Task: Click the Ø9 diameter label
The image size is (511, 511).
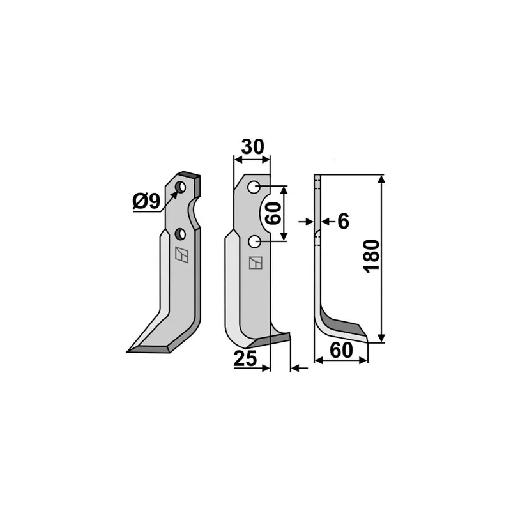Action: (x=146, y=201)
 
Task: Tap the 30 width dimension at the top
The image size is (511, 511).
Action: (x=252, y=147)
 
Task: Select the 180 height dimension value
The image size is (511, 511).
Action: (x=372, y=256)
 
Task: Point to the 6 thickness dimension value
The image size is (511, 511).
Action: (x=343, y=222)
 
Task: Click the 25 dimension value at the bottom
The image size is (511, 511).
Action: (x=245, y=359)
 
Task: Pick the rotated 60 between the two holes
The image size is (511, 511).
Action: (x=273, y=213)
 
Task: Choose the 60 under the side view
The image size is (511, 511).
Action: (x=341, y=350)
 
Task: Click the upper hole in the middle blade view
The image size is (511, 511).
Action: (x=254, y=187)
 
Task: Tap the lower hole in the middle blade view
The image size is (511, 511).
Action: (x=254, y=242)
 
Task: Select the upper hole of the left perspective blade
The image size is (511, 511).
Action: (x=180, y=187)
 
